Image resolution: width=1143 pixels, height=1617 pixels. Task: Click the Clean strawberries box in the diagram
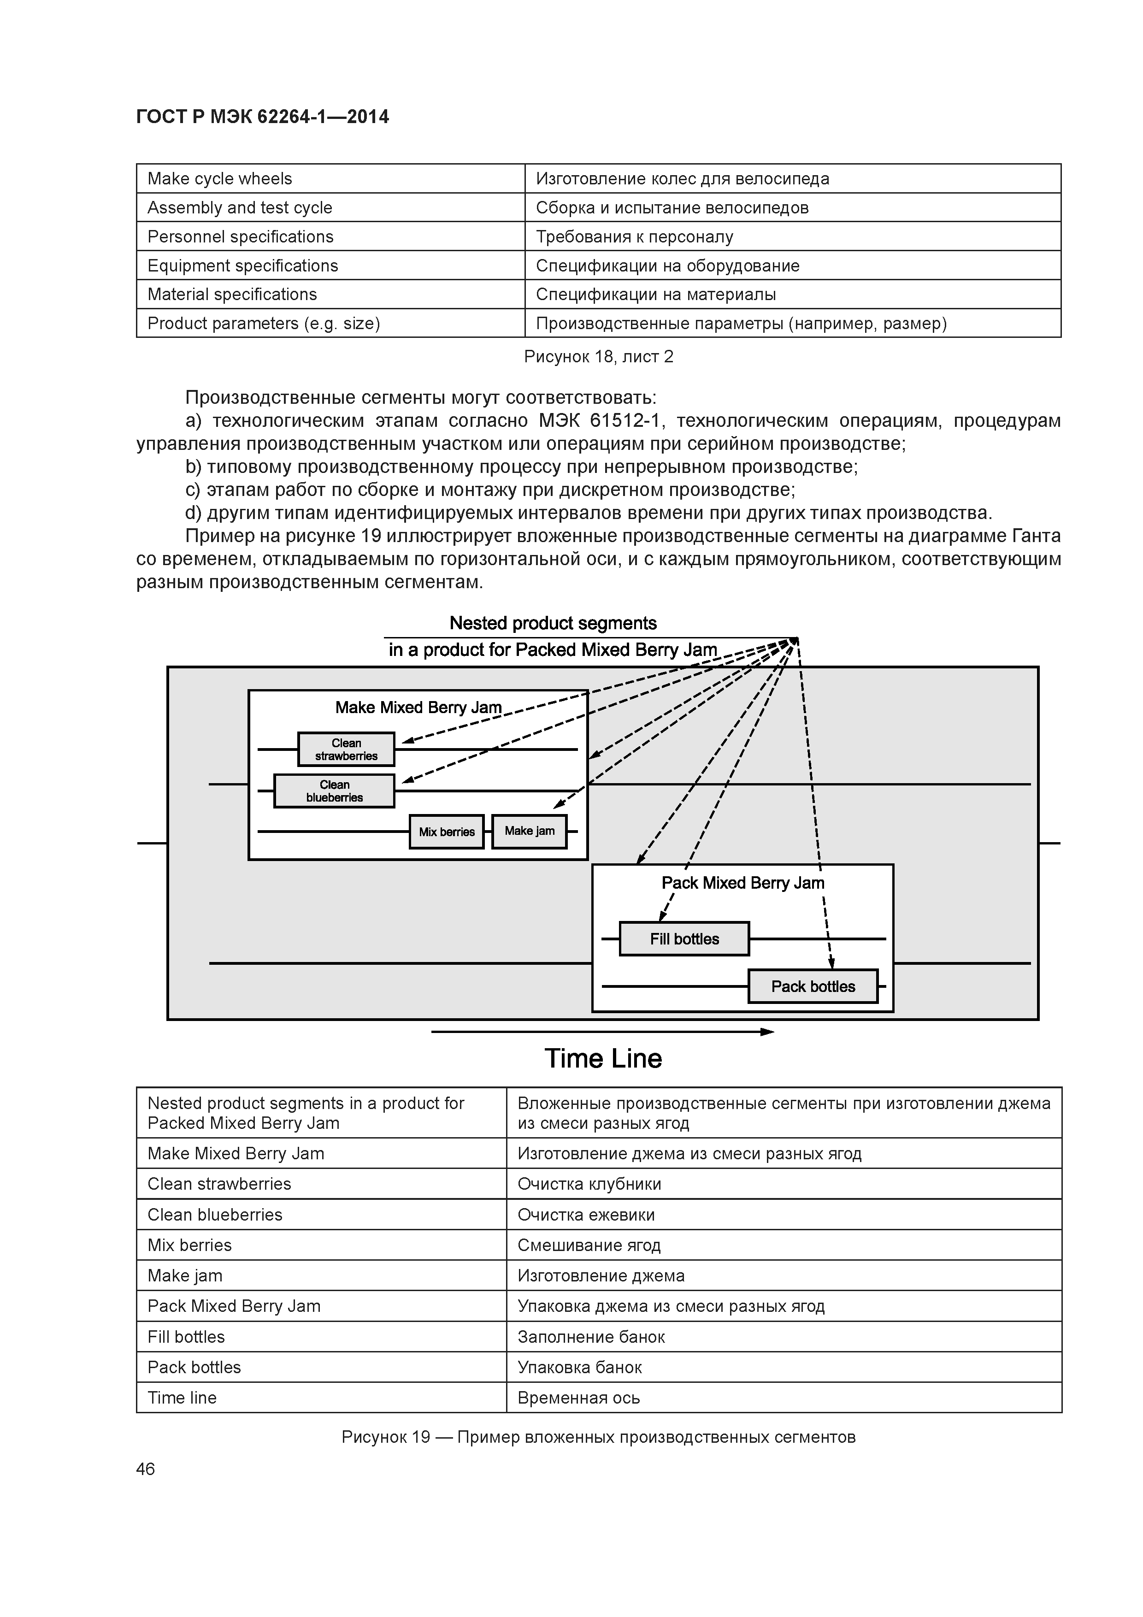[346, 749]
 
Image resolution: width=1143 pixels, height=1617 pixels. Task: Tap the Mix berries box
[447, 832]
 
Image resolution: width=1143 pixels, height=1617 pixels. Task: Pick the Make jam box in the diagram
[529, 831]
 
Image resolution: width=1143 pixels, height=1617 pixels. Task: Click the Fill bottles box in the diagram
[684, 939]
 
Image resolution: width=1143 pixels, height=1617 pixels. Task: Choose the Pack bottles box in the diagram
[813, 986]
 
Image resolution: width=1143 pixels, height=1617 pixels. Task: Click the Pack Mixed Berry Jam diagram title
[742, 883]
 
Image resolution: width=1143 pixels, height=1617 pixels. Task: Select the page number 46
[145, 1469]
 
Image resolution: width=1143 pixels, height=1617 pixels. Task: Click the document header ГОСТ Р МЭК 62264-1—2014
[262, 116]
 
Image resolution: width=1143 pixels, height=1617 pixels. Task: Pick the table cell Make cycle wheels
[220, 179]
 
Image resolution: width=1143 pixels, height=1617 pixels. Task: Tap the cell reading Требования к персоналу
[634, 236]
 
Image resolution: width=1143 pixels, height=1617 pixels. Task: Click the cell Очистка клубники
[589, 1184]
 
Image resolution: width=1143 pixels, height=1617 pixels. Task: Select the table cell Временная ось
[578, 1398]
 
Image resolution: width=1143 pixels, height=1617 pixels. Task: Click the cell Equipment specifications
[242, 266]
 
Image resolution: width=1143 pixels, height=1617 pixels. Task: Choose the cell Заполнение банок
[591, 1337]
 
